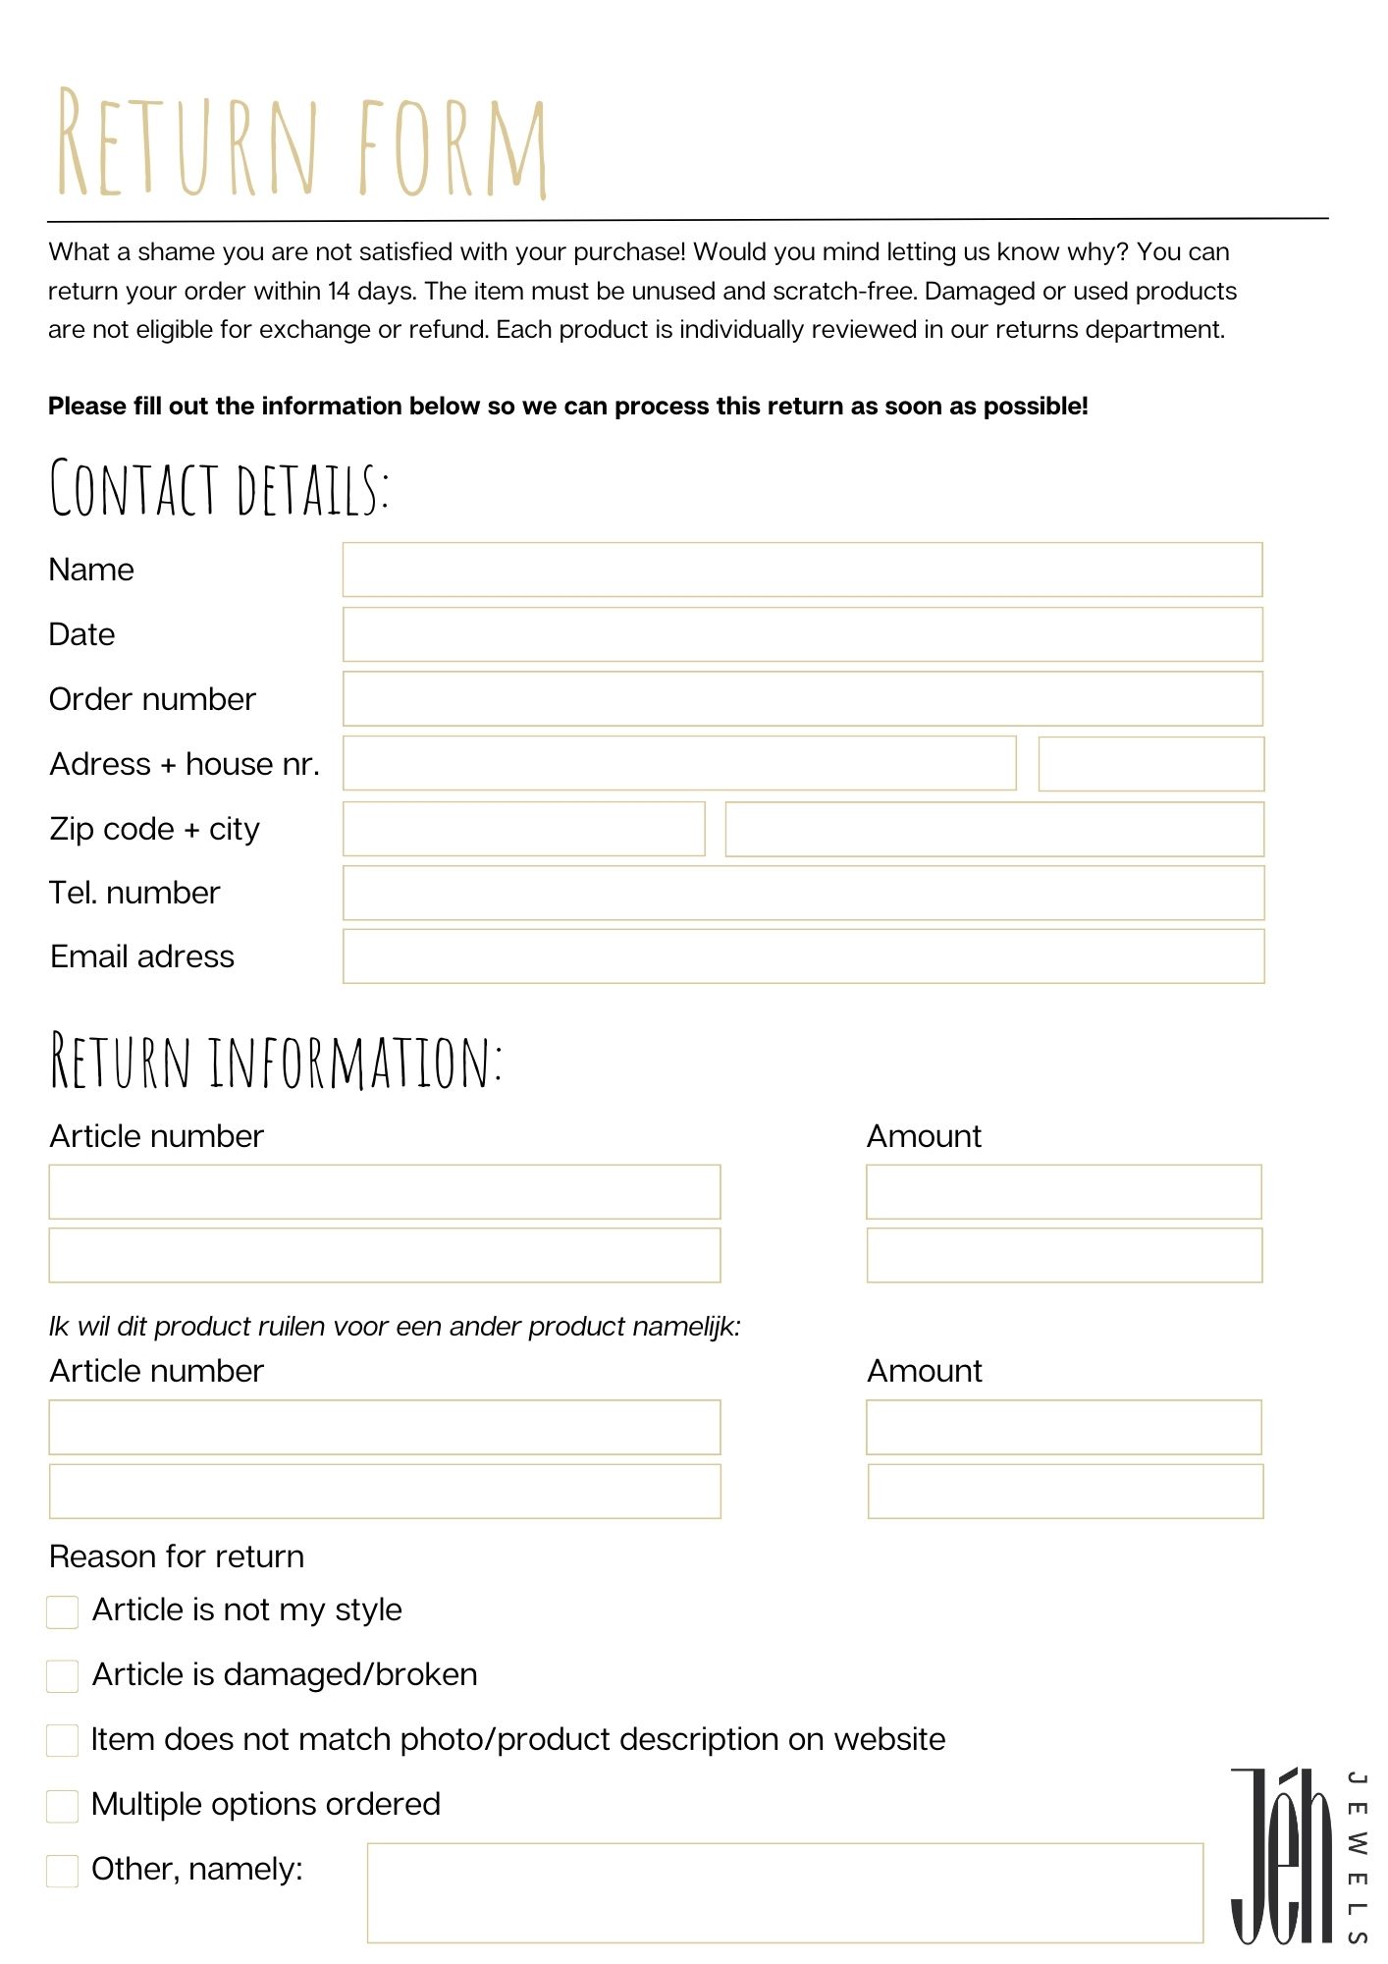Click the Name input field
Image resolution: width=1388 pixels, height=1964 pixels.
point(802,570)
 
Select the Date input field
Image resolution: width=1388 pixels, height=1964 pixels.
point(802,634)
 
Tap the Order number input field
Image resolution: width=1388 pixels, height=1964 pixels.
point(802,699)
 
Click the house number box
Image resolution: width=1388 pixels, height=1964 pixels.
point(1150,764)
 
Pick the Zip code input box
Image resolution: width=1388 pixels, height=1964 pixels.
point(523,829)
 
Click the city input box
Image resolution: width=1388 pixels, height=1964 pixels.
point(993,829)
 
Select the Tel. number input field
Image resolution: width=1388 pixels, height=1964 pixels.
point(802,893)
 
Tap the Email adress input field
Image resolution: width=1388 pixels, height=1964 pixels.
point(802,956)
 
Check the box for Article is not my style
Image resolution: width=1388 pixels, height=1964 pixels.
point(63,1611)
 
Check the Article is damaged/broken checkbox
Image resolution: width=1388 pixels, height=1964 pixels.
point(63,1676)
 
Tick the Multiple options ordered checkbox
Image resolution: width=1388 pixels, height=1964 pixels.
point(63,1806)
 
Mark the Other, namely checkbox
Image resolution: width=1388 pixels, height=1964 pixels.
point(63,1871)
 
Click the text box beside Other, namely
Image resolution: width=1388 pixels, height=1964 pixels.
point(784,1892)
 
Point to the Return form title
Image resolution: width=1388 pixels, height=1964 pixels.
point(301,144)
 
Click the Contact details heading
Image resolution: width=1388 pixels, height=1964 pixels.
point(219,488)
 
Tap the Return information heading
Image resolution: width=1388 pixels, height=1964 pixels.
point(276,1062)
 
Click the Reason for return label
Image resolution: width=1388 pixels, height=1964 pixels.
point(177,1556)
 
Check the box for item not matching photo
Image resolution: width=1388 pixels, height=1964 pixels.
point(63,1741)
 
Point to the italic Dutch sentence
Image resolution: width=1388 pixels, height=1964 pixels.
point(395,1327)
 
